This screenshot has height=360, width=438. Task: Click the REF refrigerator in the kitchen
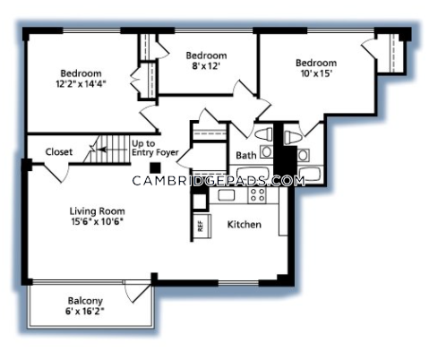click(202, 226)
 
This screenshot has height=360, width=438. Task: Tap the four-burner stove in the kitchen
click(257, 195)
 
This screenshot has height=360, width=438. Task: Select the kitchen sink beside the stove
click(227, 195)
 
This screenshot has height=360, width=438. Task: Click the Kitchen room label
click(245, 225)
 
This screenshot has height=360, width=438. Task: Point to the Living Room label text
click(98, 211)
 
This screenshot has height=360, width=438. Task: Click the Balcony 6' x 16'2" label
click(85, 306)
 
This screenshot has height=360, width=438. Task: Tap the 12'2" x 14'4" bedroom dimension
click(82, 84)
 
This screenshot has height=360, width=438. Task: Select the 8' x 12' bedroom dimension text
click(206, 66)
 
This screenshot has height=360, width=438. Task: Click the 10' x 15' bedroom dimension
click(316, 73)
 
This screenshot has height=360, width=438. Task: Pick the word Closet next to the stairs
click(59, 152)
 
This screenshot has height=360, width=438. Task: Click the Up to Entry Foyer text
click(155, 148)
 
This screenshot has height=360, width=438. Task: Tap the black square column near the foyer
click(155, 167)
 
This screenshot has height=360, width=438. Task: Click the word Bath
click(246, 156)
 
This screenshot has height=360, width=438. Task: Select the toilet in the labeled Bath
click(263, 134)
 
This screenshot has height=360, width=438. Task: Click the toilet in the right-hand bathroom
click(292, 138)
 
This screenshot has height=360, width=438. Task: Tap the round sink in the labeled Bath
click(266, 151)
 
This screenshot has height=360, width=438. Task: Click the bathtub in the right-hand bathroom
click(310, 175)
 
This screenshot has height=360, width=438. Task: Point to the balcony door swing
click(138, 292)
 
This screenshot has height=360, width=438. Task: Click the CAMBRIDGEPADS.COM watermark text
click(219, 181)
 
